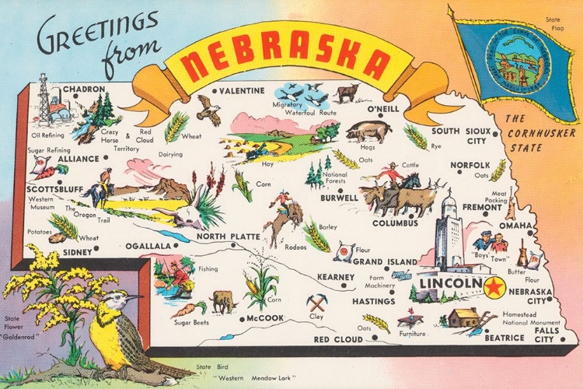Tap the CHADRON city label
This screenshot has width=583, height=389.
coord(83,89)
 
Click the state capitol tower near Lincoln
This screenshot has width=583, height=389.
coord(449,233)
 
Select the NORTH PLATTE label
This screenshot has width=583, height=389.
coord(227,237)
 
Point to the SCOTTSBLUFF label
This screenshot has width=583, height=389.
coord(56,188)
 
